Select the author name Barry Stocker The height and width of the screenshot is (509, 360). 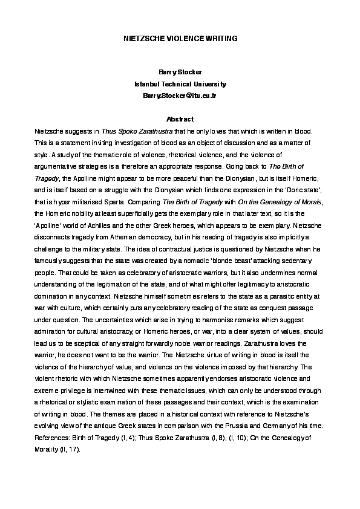tap(180, 73)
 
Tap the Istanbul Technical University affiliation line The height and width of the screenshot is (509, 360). tap(180, 84)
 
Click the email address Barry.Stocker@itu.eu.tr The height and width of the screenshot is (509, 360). tap(180, 96)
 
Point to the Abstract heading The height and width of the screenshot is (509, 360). tap(180, 118)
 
